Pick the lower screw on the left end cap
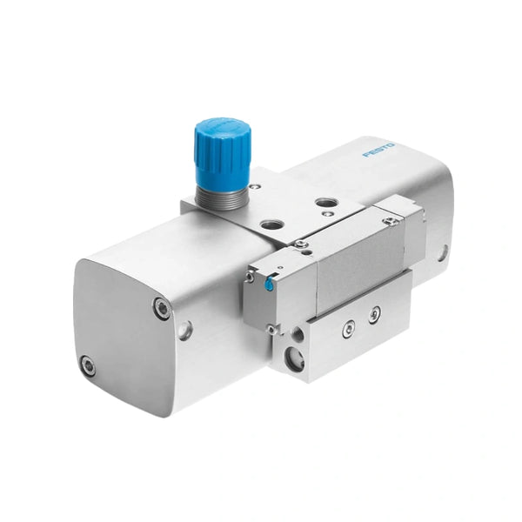(x=88, y=365)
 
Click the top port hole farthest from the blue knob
(x=325, y=205)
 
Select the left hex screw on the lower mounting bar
(x=347, y=327)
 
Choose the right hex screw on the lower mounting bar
(x=374, y=314)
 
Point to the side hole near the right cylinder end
(x=442, y=252)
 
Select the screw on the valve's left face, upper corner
(x=250, y=277)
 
